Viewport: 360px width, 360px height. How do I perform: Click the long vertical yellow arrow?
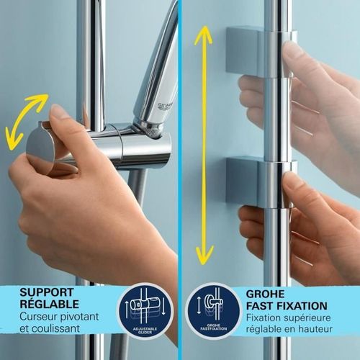click(x=204, y=144)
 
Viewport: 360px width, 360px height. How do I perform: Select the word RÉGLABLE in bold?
click(x=49, y=305)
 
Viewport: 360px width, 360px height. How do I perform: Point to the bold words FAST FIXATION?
click(x=286, y=306)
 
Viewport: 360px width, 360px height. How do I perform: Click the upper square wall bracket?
click(x=248, y=50)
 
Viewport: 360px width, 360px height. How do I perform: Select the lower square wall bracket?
click(x=248, y=180)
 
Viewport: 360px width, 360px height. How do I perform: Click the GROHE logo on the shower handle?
click(x=163, y=105)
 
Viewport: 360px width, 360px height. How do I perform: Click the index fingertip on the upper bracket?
click(x=292, y=50)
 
